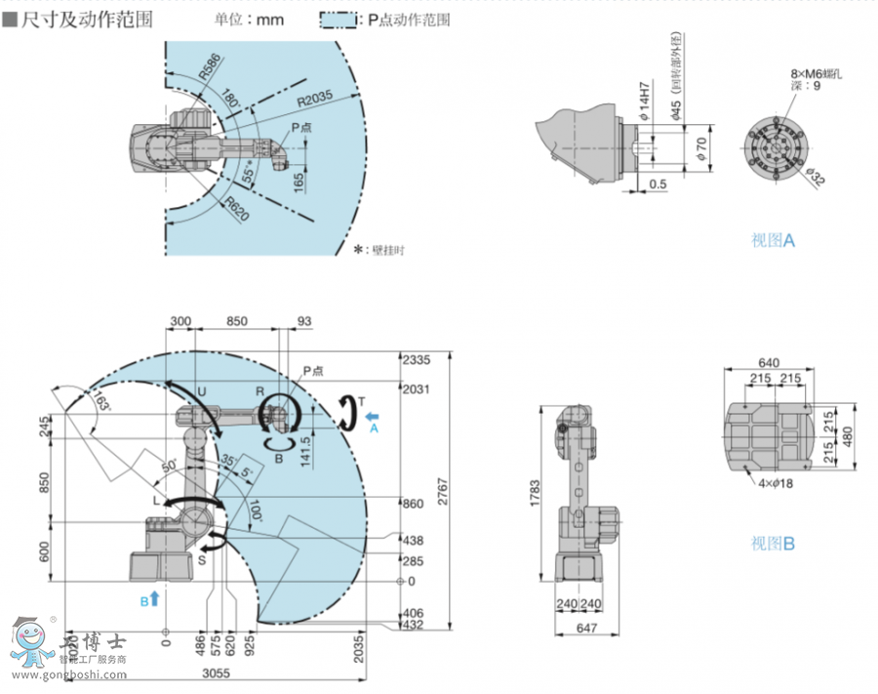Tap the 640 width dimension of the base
tap(769, 363)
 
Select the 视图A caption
tap(773, 240)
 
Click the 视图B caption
tap(773, 543)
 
